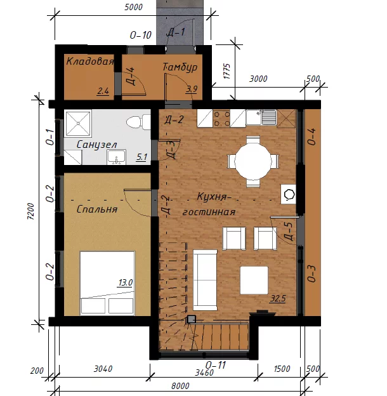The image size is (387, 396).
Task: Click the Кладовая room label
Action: [x=90, y=62]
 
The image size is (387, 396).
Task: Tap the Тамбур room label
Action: [x=180, y=67]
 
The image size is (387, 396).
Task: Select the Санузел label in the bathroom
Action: [x=97, y=145]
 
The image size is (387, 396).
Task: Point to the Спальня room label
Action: [x=97, y=209]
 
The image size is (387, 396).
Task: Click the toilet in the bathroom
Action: [x=138, y=122]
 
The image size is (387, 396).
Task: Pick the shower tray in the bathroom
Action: [x=78, y=124]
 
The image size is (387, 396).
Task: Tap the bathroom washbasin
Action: [x=116, y=157]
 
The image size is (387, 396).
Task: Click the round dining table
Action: [x=253, y=162]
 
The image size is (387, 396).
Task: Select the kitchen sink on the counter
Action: [x=261, y=117]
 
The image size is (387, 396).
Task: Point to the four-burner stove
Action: [x=221, y=119]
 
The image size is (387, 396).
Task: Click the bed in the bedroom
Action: [x=107, y=284]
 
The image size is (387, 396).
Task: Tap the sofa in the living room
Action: [x=205, y=280]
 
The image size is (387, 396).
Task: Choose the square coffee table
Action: [x=254, y=280]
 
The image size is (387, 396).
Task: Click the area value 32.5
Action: [x=278, y=298]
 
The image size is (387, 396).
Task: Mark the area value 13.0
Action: [x=126, y=282]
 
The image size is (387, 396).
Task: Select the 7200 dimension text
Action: [x=30, y=211]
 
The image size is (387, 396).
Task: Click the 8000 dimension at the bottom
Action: [x=180, y=386]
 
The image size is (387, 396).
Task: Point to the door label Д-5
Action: [x=289, y=232]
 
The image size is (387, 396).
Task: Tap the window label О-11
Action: [x=215, y=365]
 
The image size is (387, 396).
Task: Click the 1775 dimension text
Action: [x=227, y=72]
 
